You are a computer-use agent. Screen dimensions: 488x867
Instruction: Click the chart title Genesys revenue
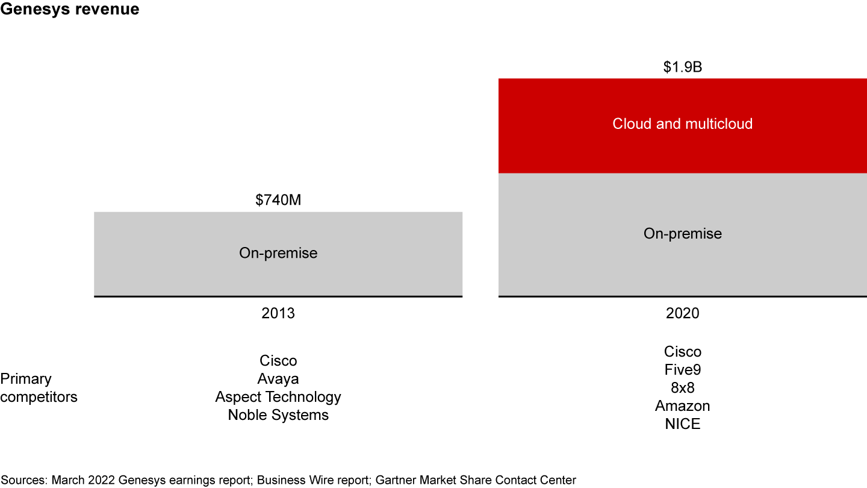pos(70,10)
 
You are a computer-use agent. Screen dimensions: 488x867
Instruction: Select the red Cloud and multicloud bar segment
pos(682,125)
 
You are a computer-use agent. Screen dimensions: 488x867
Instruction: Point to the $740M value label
pos(278,201)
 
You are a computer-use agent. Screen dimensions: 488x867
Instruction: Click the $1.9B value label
pos(682,67)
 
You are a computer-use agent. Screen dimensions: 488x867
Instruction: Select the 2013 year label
pos(278,313)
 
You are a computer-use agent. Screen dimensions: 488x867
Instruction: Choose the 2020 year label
pos(682,313)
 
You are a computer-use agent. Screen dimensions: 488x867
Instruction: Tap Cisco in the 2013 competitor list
pos(278,361)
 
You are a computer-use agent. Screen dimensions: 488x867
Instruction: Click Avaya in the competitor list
pos(278,379)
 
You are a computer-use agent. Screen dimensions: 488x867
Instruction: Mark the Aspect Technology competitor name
pos(278,397)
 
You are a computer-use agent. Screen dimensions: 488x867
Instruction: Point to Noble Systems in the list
pos(278,415)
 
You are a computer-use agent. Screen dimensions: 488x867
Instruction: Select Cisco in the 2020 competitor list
pos(682,352)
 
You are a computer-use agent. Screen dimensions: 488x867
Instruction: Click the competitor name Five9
pos(682,370)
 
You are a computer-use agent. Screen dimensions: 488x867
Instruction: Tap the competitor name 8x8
pos(682,388)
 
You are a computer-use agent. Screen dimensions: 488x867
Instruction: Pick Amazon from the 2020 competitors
pos(682,406)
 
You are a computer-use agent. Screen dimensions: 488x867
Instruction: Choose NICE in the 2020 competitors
pos(682,424)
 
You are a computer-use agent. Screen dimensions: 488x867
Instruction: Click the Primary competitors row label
pos(39,388)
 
